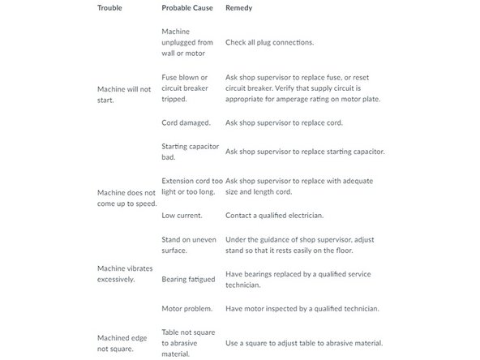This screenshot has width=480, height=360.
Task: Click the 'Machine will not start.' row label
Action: (124, 95)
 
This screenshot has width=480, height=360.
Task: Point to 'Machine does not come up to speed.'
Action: (126, 198)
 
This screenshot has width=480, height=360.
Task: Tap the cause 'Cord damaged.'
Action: (186, 122)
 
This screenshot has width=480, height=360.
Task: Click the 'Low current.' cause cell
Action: (182, 216)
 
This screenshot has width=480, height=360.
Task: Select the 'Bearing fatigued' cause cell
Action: (188, 279)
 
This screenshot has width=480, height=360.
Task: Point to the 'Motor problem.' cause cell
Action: (187, 308)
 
